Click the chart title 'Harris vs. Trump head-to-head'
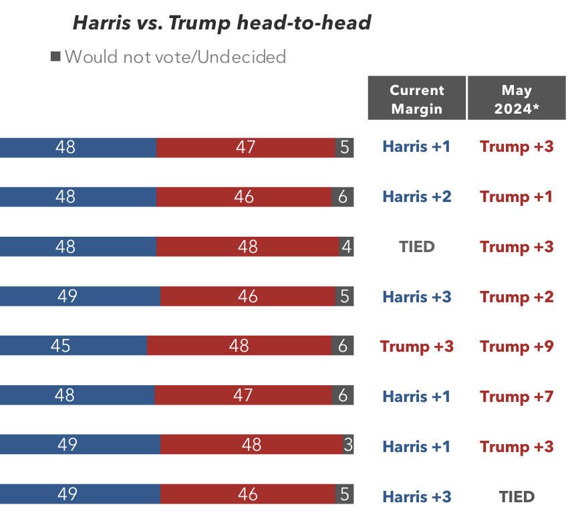point(221,23)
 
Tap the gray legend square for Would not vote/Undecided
point(55,57)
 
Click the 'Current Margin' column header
point(417,99)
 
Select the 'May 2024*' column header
point(517,99)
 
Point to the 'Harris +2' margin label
point(417,197)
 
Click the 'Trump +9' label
point(517,346)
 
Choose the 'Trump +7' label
point(517,397)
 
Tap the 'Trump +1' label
point(517,197)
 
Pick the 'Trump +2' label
point(517,297)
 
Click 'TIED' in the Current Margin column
point(417,247)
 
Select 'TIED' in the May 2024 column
point(517,497)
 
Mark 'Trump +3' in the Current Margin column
point(417,346)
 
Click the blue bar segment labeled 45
point(73,346)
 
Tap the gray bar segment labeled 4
point(346,247)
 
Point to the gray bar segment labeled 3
point(348,445)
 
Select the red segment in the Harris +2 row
point(244,197)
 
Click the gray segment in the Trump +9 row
point(342,346)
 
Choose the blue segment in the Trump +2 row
point(80,296)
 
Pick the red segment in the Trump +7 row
point(243,396)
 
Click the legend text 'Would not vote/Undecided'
point(175,57)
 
